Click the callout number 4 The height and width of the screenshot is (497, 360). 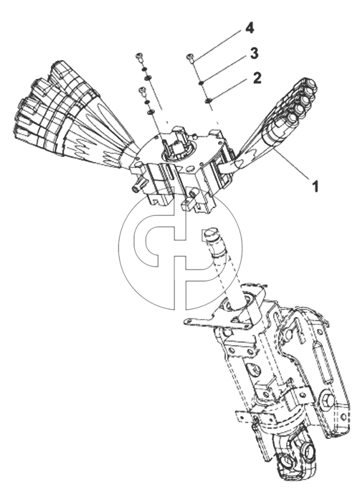pyautogui.click(x=250, y=29)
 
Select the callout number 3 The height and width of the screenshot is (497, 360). pyautogui.click(x=254, y=54)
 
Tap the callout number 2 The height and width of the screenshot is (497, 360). pyautogui.click(x=257, y=78)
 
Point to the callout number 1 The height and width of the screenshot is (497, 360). pyautogui.click(x=315, y=186)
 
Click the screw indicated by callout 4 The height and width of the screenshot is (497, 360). pyautogui.click(x=190, y=58)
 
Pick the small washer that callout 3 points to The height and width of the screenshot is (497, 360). pyautogui.click(x=201, y=83)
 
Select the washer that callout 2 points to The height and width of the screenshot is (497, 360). pyautogui.click(x=208, y=101)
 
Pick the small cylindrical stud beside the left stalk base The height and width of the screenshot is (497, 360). pyautogui.click(x=137, y=186)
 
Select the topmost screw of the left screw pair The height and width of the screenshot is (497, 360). pyautogui.click(x=139, y=57)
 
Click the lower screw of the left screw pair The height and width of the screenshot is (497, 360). pyautogui.click(x=143, y=90)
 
